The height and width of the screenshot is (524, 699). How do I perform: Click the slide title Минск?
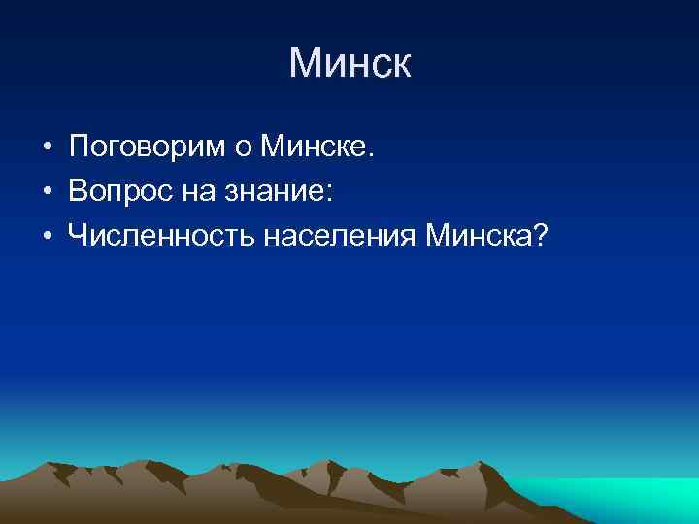(349, 64)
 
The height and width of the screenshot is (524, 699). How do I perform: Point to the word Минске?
(314, 148)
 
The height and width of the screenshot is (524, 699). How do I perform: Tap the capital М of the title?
(303, 64)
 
